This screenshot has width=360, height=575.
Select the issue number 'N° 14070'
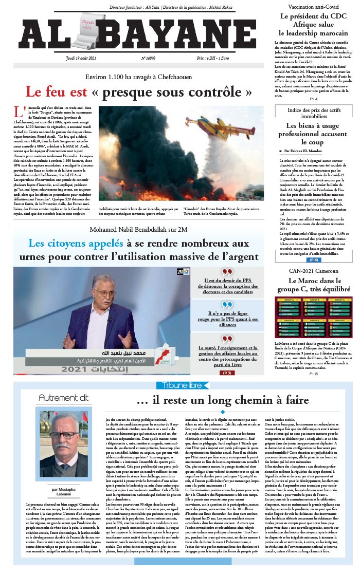[135, 59]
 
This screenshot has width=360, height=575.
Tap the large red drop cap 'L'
[20, 112]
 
